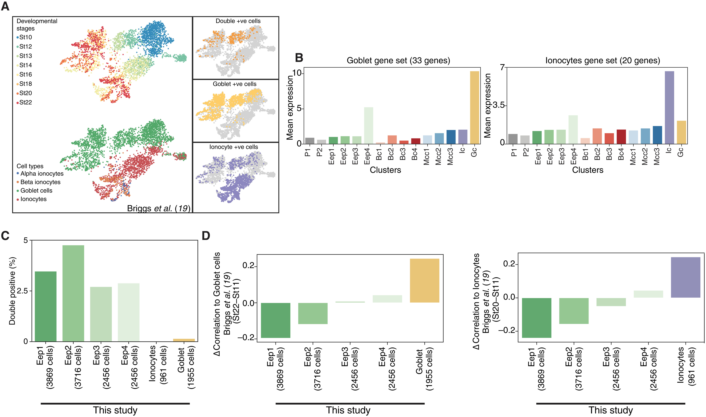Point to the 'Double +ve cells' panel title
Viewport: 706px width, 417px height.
coord(238,21)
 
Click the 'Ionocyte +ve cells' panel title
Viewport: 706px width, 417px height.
coord(234,147)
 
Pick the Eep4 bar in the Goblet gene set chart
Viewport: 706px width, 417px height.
coord(369,125)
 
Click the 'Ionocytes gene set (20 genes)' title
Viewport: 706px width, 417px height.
coord(603,60)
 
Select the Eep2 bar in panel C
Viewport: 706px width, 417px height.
coord(73,293)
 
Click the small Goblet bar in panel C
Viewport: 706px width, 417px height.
coord(184,340)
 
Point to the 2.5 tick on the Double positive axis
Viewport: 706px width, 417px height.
coord(23,291)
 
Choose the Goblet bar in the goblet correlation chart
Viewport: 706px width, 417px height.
coord(424,281)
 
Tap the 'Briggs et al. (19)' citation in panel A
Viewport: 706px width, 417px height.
coord(158,208)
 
